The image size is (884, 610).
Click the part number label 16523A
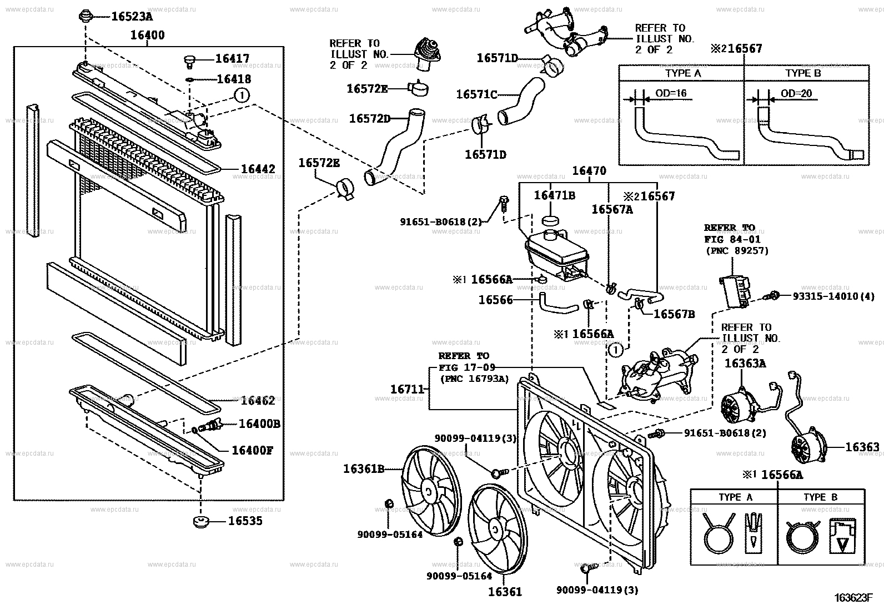click(x=132, y=17)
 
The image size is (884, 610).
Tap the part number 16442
click(x=258, y=169)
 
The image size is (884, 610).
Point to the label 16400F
click(x=252, y=450)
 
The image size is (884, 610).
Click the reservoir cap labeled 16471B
click(x=550, y=220)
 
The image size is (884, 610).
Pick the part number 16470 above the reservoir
click(x=589, y=172)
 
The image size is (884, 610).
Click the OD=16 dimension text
click(x=671, y=93)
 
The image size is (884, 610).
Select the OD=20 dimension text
click(x=796, y=93)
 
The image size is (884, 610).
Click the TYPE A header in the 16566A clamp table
click(x=736, y=497)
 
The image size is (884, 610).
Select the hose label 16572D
click(x=370, y=119)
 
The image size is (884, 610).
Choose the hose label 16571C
click(x=476, y=95)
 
